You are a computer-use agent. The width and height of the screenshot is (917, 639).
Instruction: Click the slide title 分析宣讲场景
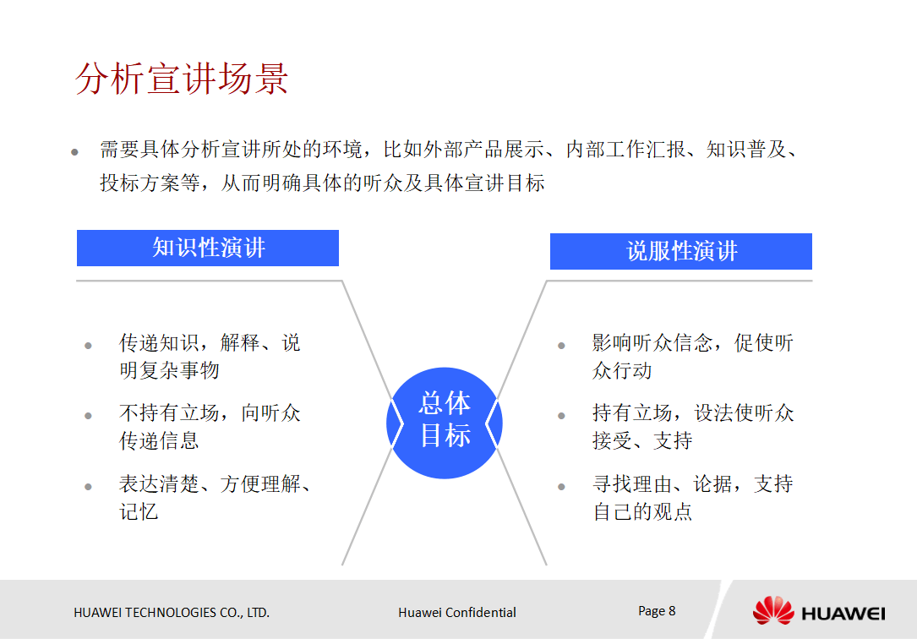(x=182, y=79)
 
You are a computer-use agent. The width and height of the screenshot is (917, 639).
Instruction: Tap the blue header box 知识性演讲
(x=208, y=248)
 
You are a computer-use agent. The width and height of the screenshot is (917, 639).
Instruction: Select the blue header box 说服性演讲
(x=681, y=251)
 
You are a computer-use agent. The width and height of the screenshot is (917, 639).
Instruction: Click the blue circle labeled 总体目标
(x=445, y=419)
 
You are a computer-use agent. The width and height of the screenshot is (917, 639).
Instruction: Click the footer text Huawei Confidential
(x=456, y=612)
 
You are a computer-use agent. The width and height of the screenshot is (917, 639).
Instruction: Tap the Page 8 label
(x=657, y=610)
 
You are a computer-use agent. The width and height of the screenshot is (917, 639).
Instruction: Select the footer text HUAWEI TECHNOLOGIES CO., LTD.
(x=172, y=612)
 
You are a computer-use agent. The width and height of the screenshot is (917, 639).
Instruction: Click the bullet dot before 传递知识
(x=88, y=346)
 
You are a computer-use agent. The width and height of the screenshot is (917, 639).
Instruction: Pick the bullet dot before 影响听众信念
(x=561, y=346)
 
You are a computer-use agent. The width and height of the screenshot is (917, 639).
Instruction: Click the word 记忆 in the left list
(x=139, y=511)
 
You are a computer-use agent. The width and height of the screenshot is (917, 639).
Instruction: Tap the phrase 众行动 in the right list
(x=622, y=370)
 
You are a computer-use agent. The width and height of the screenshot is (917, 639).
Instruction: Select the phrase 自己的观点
(x=642, y=511)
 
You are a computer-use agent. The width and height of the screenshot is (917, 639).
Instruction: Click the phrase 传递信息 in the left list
(x=159, y=440)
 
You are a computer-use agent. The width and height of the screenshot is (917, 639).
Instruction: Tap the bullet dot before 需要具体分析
(x=74, y=153)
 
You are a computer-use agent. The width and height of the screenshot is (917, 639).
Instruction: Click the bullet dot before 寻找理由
(x=561, y=487)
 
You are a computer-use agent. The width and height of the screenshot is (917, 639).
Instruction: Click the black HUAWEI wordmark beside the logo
(x=843, y=613)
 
